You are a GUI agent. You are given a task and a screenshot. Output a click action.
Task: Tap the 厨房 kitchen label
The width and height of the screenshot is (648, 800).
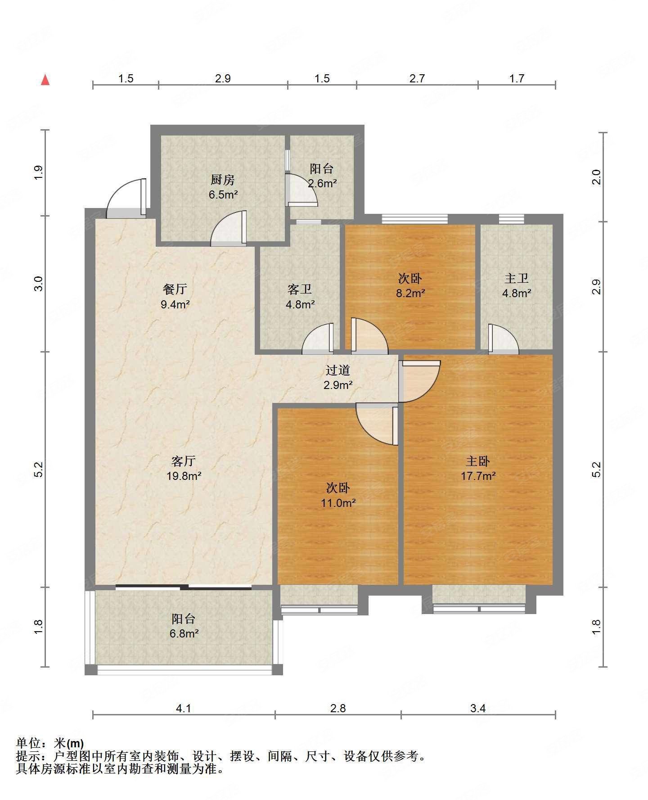tap(222, 180)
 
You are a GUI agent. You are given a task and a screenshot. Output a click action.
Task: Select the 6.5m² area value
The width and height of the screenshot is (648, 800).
tap(223, 194)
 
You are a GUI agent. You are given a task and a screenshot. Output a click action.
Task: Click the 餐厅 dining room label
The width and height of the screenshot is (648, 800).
tap(175, 289)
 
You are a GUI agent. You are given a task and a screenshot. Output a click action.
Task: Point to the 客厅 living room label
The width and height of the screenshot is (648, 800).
tap(184, 461)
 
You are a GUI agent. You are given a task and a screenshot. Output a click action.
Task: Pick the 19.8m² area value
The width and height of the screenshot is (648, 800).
tap(184, 476)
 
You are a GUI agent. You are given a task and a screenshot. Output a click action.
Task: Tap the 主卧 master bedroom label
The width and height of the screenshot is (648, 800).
tap(478, 461)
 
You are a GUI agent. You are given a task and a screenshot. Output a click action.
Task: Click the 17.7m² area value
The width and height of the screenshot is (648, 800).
tap(478, 476)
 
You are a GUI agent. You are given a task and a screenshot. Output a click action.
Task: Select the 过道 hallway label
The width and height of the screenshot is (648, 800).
tap(338, 371)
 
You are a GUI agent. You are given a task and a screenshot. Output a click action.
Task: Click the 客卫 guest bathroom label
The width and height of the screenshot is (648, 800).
tap(300, 289)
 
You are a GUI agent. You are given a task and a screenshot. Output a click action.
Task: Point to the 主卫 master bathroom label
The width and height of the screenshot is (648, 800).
tap(517, 279)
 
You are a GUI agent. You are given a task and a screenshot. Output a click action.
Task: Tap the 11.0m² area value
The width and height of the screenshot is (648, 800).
tap(338, 503)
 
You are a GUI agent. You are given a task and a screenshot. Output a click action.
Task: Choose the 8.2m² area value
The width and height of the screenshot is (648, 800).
tap(410, 293)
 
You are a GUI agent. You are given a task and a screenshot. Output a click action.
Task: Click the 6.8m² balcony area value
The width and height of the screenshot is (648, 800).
tap(184, 633)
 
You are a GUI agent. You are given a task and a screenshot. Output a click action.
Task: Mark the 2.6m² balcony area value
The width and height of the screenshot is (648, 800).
tap(322, 183)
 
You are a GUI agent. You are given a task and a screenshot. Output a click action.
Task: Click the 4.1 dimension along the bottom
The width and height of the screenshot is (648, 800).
tap(184, 708)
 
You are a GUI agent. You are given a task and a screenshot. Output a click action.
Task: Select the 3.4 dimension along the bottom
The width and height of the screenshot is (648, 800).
tap(478, 708)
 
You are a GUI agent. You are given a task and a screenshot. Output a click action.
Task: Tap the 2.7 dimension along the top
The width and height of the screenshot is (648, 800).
tap(417, 78)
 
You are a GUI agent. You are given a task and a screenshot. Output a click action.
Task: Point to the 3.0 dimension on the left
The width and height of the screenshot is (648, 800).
tap(39, 284)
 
